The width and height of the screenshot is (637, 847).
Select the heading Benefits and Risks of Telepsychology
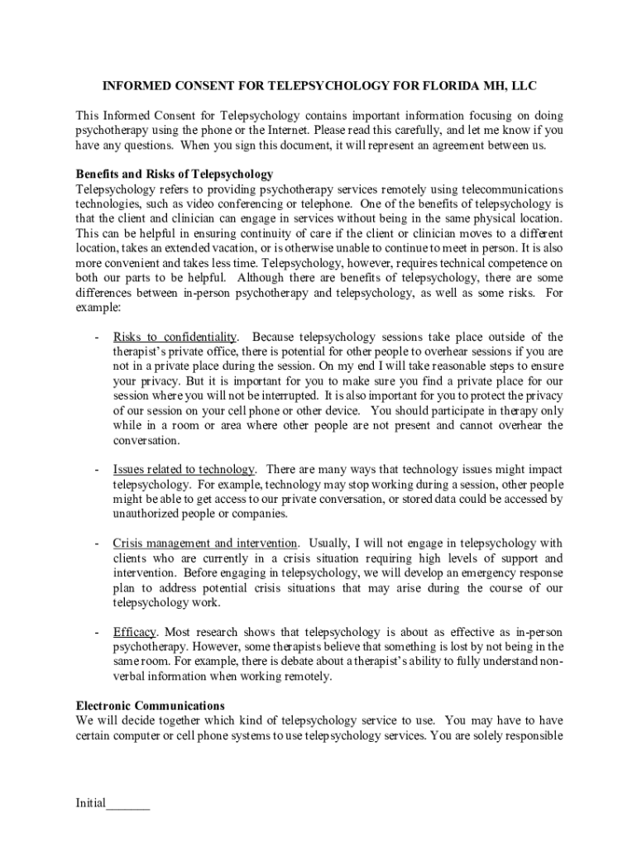click(x=175, y=175)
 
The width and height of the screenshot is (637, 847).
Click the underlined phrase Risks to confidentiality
click(x=175, y=337)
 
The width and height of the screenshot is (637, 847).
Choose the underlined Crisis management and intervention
click(x=205, y=543)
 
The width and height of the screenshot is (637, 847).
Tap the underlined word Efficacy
click(x=135, y=632)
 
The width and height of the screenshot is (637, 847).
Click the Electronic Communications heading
click(x=151, y=706)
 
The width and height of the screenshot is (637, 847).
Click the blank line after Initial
click(x=128, y=805)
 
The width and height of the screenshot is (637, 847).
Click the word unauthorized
click(x=146, y=514)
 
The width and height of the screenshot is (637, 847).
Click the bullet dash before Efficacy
click(x=98, y=632)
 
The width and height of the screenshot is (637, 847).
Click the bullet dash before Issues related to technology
click(x=98, y=470)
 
